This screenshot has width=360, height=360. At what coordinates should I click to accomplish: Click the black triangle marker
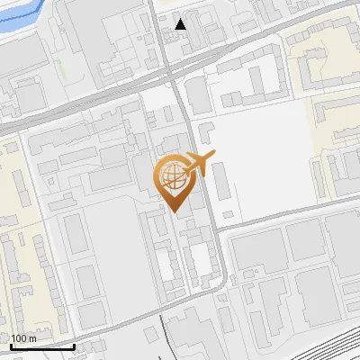182,24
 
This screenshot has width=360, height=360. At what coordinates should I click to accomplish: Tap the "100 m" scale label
24,338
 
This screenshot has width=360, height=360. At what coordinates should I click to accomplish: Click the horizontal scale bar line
41,346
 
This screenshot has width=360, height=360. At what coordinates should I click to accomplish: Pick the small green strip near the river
61,67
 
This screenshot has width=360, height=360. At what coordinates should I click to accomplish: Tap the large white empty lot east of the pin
261,153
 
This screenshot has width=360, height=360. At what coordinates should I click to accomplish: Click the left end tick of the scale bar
10,345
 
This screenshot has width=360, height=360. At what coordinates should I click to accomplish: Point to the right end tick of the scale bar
74,345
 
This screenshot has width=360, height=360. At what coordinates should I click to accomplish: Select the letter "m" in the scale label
32,338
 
